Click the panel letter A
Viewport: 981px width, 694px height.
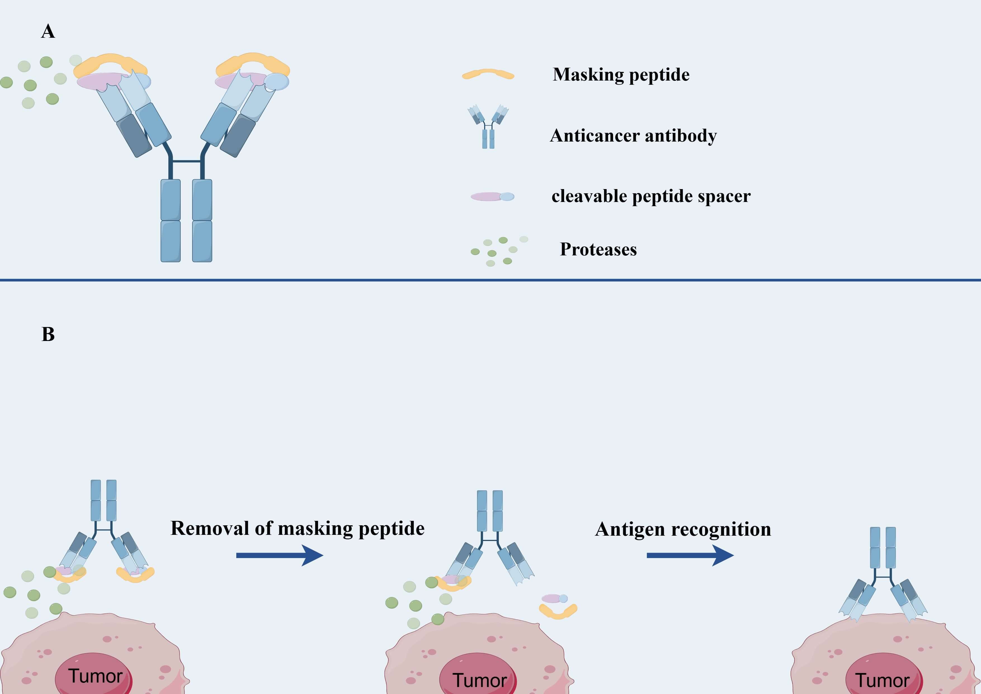(48, 31)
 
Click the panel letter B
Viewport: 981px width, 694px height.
(48, 334)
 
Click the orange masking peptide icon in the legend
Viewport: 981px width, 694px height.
(488, 74)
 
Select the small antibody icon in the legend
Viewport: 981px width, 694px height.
(488, 127)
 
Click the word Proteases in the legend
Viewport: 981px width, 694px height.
(598, 250)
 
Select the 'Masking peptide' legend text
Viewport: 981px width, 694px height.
(621, 74)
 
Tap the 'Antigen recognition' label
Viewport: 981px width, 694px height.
(683, 529)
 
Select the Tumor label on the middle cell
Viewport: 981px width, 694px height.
(479, 680)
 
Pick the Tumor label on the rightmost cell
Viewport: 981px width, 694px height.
(882, 680)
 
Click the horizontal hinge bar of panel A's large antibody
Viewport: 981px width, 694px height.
(187, 161)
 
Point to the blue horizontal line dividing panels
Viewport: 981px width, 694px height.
(490, 280)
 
